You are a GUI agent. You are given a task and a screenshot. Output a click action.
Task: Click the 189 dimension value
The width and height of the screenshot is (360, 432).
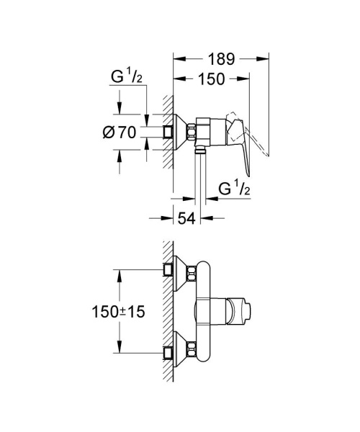(x=220, y=57)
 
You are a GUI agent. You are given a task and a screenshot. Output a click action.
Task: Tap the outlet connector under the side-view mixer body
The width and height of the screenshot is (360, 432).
(x=199, y=151)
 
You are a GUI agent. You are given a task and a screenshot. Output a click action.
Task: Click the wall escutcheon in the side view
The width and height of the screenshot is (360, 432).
(x=180, y=132)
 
